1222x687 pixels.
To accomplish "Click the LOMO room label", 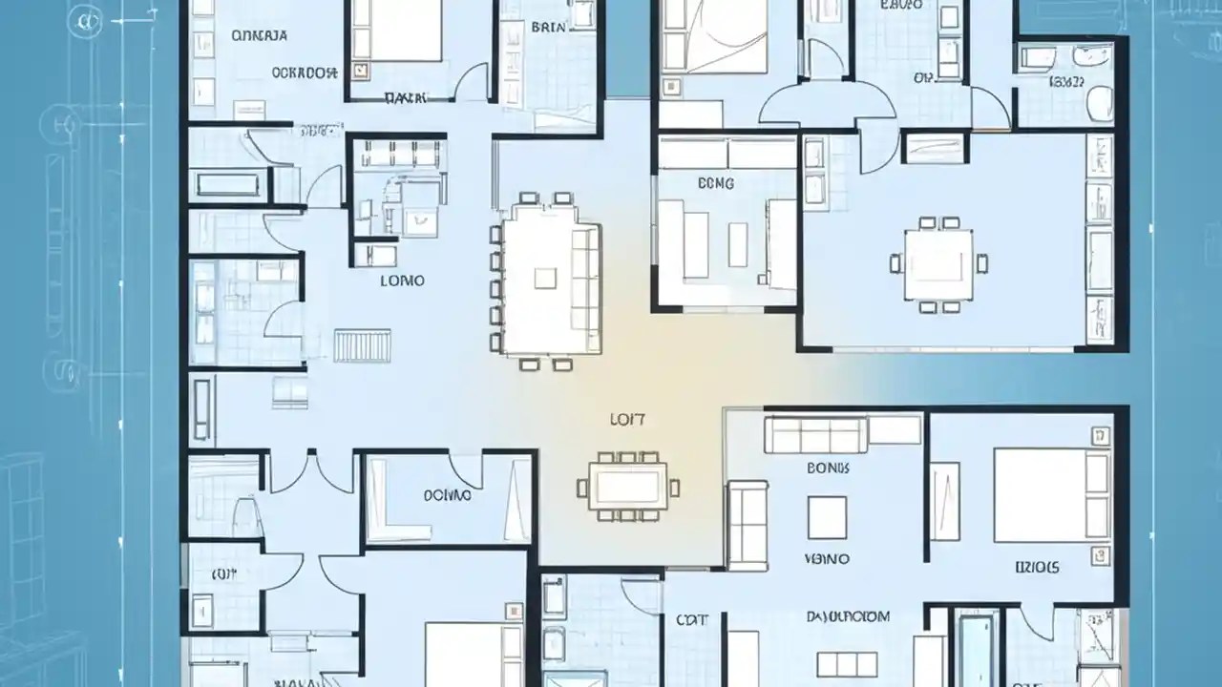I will coord(402,281).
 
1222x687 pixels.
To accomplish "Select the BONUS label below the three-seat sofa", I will coord(827,468).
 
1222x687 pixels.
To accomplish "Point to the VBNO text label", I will coord(827,558).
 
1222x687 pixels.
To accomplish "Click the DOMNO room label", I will coord(447,496).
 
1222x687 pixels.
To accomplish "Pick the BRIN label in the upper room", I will coord(547,28).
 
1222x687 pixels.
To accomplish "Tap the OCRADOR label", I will coord(305,72).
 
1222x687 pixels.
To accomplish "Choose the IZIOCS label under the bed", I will coord(1037,568).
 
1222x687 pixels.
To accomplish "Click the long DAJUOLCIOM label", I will coord(848,617).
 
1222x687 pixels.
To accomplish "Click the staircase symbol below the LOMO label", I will coord(363,344).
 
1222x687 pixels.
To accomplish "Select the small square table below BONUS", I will coord(827,516).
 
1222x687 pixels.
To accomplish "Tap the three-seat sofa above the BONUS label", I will coord(815,435).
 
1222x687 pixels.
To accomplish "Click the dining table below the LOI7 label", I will coord(626,488).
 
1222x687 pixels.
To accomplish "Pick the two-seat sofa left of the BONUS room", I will coord(748,525).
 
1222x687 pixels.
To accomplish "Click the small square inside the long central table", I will coord(545,278).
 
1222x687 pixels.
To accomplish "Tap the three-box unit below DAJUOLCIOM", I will coord(847,663).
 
